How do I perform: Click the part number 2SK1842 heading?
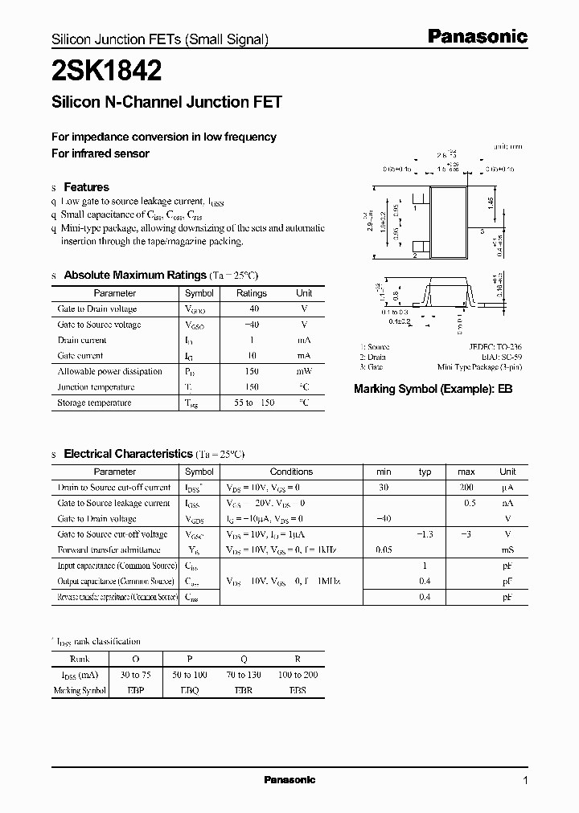[107, 71]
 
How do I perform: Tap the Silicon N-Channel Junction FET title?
[166, 102]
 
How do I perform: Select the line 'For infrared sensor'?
[101, 153]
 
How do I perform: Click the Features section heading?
[86, 186]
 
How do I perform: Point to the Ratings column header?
[252, 293]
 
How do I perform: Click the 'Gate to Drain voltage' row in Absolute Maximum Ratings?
[97, 308]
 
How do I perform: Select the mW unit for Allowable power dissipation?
[304, 371]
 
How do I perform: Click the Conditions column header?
[291, 472]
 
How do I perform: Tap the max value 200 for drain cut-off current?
[466, 488]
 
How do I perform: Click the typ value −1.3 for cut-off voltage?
[425, 534]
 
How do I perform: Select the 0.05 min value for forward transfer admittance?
[384, 550]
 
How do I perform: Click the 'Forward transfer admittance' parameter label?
[109, 550]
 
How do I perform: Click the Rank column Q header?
[244, 659]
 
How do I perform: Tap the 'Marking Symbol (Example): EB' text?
[433, 388]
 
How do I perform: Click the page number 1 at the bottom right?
[525, 780]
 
